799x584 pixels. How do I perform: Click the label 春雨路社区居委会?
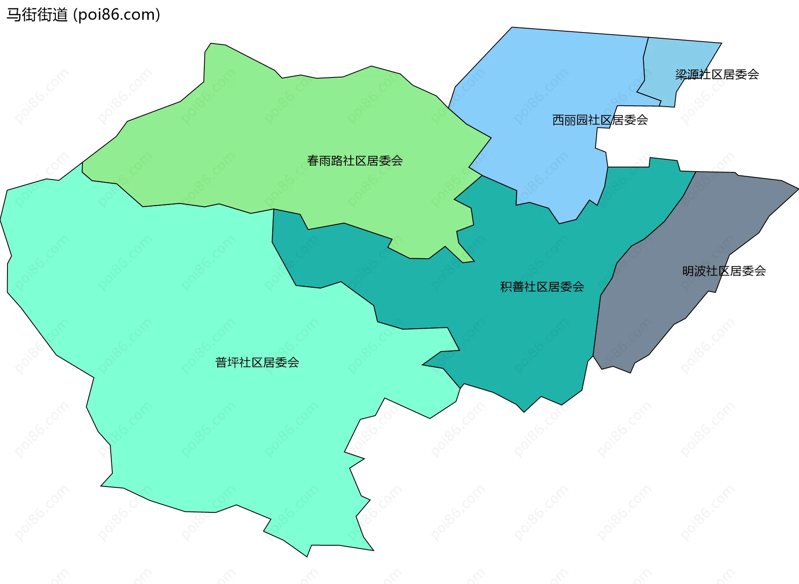coord(355,161)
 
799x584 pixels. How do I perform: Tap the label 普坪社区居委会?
coord(257,362)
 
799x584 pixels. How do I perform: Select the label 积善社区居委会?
coord(542,287)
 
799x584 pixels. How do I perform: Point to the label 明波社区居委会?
coord(724,271)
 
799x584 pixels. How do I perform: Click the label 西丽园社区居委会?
coord(600,120)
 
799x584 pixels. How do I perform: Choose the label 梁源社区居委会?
coord(717,75)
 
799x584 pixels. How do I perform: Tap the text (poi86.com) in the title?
coord(117,15)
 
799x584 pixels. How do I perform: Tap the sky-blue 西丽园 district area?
coord(541,83)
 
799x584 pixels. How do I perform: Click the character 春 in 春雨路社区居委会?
coord(313,161)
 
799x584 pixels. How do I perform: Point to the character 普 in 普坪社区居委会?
coord(221,362)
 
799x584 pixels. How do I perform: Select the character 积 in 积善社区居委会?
coord(506,287)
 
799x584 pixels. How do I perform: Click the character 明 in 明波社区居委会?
coord(688,271)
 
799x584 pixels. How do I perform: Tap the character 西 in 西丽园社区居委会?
coord(558,120)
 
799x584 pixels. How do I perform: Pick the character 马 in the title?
coord(13,15)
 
